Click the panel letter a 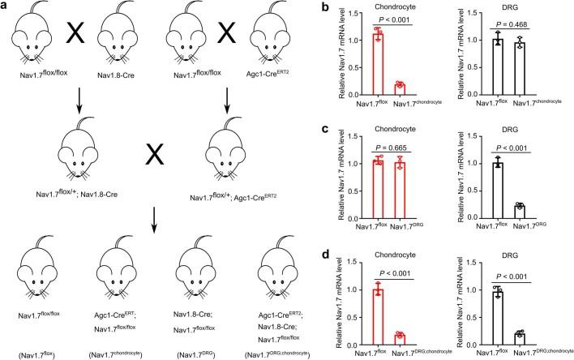click(x=6, y=7)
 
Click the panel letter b click(x=333, y=7)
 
